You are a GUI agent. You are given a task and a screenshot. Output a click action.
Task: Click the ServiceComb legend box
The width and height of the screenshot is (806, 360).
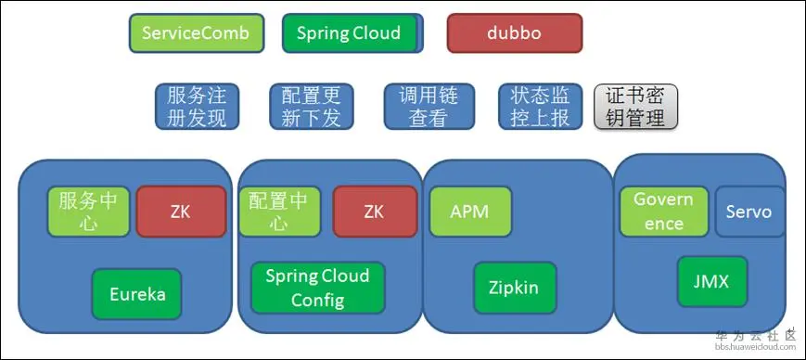pyautogui.click(x=196, y=33)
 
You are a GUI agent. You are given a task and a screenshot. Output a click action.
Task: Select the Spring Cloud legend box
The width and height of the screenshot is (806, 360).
pyautogui.click(x=350, y=33)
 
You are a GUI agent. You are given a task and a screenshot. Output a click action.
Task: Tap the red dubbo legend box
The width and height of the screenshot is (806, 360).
pyautogui.click(x=514, y=33)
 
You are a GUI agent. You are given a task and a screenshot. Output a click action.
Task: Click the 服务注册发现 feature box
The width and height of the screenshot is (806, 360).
pyautogui.click(x=197, y=107)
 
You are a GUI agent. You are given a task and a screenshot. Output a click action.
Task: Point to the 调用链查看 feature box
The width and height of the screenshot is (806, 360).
pyautogui.click(x=428, y=107)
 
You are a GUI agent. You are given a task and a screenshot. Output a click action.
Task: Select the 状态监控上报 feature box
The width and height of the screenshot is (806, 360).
pyautogui.click(x=540, y=107)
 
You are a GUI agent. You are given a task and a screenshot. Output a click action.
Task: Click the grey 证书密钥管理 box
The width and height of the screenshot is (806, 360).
pyautogui.click(x=635, y=107)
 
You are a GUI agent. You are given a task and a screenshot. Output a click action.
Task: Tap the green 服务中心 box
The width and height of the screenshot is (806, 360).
pyautogui.click(x=88, y=212)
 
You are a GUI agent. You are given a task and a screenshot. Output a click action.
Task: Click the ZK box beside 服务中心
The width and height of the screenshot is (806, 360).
pyautogui.click(x=181, y=212)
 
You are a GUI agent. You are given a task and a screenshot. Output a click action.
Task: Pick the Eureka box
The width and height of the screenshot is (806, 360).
pyautogui.click(x=137, y=294)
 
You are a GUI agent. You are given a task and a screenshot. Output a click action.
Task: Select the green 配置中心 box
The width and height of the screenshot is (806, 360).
pyautogui.click(x=279, y=212)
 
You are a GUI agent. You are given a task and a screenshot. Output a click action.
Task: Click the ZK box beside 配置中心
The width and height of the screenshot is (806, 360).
pyautogui.click(x=374, y=212)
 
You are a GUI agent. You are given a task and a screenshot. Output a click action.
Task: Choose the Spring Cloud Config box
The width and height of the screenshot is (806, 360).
pyautogui.click(x=317, y=288)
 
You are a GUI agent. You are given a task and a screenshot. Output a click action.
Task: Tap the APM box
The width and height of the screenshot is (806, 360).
pyautogui.click(x=470, y=212)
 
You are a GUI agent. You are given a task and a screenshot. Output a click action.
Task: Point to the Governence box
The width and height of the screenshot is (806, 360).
pyautogui.click(x=664, y=212)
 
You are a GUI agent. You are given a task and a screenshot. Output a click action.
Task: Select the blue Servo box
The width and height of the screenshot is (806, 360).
pyautogui.click(x=749, y=212)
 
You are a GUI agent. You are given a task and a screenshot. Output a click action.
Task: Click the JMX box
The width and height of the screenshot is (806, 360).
pyautogui.click(x=711, y=281)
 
